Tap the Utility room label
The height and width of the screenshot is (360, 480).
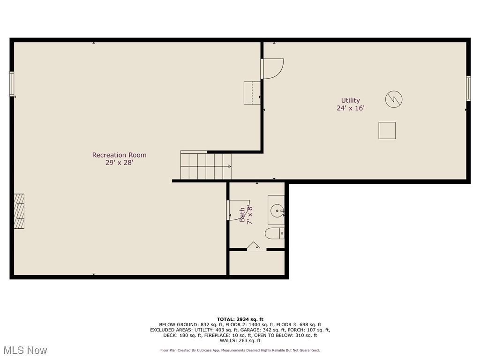point(351,100)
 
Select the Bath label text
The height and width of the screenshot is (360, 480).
point(242,215)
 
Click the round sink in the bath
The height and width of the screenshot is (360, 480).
point(277,210)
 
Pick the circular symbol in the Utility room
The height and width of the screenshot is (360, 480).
point(394,99)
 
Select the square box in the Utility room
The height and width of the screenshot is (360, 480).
point(387,130)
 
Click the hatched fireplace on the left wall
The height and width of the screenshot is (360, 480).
point(19,211)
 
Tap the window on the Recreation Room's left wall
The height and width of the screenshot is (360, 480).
point(12,84)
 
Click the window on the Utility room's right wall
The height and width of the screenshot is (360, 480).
point(468,88)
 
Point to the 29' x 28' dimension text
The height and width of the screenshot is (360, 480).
point(120,163)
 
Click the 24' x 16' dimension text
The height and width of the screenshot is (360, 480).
point(351,108)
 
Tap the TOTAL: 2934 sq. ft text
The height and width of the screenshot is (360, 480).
point(240,319)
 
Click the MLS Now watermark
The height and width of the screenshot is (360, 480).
point(25,350)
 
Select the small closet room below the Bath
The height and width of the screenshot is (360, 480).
point(257,263)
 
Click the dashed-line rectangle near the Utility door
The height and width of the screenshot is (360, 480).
point(252,93)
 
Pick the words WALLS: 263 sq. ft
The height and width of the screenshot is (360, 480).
point(240,340)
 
